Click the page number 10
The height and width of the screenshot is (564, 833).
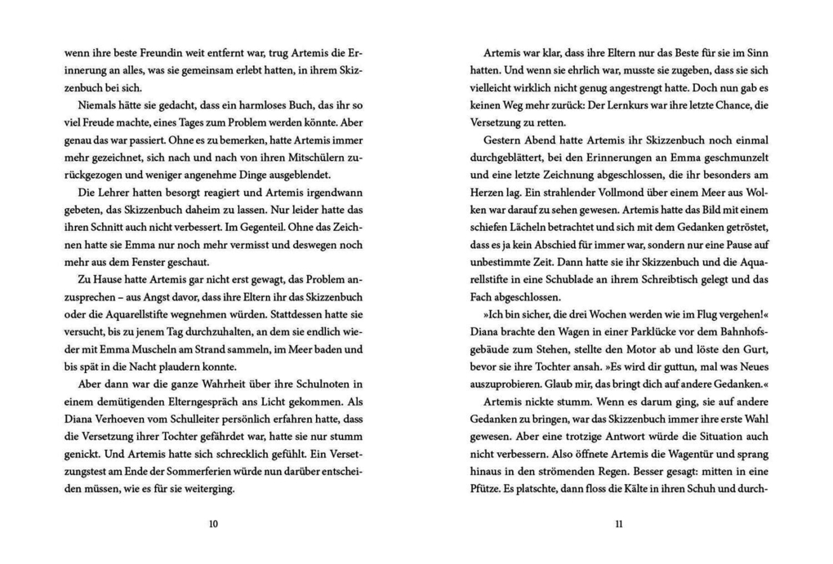coord(214,524)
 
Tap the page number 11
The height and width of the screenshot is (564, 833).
coord(618,524)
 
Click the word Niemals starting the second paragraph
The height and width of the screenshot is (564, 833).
coord(96,105)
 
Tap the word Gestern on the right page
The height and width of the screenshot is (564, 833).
coord(501,140)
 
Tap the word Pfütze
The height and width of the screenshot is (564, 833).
coord(490,489)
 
